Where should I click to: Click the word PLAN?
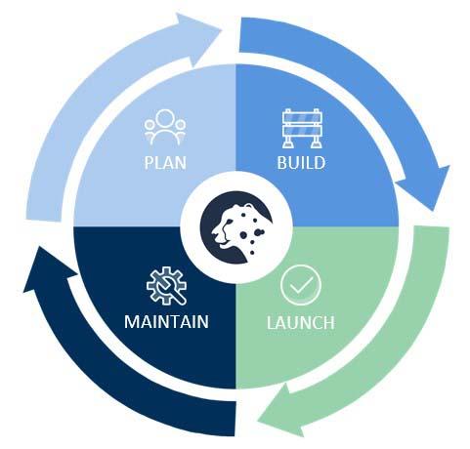(165, 163)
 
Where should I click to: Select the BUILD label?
(301, 163)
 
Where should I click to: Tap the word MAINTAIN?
(166, 322)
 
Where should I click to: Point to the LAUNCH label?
(301, 322)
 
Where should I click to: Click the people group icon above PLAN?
(165, 127)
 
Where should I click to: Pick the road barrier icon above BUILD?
(301, 129)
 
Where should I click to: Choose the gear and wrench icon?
(166, 286)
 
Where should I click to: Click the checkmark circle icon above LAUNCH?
(301, 285)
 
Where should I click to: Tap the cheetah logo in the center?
(236, 227)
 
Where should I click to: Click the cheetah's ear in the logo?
(249, 207)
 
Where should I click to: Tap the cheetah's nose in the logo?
(214, 233)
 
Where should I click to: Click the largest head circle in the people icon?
(165, 118)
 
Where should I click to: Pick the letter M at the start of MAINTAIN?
(132, 322)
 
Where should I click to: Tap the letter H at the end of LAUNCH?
(329, 322)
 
